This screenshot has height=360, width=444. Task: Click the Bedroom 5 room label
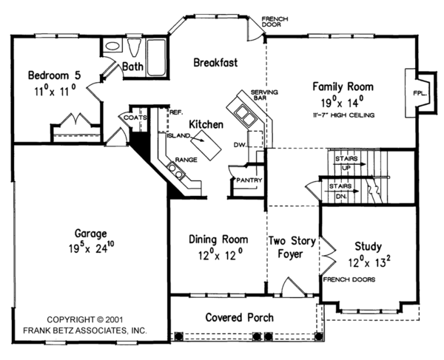point(54,75)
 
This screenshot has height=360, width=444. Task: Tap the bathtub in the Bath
point(156,58)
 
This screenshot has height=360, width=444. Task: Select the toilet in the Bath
point(134,47)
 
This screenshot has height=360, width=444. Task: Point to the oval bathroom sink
point(112,46)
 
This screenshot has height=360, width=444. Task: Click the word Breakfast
point(215,63)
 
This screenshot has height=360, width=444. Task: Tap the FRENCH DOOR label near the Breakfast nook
point(275,21)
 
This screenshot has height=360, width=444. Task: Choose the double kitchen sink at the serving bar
point(245,115)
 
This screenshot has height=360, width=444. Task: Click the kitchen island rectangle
point(206,145)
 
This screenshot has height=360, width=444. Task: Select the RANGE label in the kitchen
point(186,160)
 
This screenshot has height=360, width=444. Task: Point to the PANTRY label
point(249,180)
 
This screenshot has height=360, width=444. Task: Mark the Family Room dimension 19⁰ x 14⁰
point(343,102)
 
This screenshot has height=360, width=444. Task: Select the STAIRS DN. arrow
point(341,191)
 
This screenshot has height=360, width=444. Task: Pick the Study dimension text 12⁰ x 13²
point(369,262)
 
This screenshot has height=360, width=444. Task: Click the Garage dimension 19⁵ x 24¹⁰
point(92,248)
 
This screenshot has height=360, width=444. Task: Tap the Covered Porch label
point(240,318)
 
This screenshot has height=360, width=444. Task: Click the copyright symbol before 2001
point(100,319)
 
